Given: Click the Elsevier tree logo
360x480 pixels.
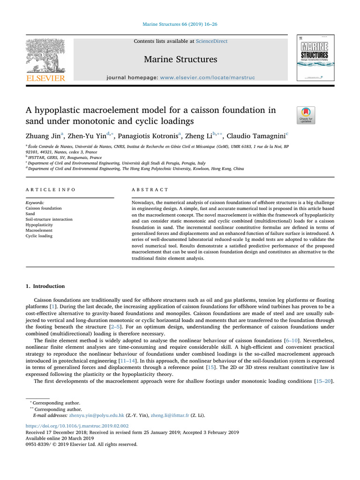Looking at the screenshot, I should coord(45,55).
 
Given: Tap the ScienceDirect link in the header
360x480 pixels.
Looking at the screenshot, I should coord(212,41).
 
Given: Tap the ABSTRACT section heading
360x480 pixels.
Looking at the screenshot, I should coord(150,189).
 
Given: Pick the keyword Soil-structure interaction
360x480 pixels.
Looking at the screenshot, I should coord(49,219).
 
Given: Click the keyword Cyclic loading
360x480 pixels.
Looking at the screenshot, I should coord(40,236).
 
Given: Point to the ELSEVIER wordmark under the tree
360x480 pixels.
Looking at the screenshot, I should coord(45,78).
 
